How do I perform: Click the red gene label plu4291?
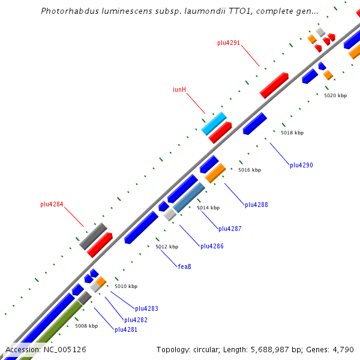tap(229, 43)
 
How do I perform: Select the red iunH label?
tap(179, 90)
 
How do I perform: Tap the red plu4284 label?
tap(52, 204)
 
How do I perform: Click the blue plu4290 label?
tap(301, 165)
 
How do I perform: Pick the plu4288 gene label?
tap(256, 205)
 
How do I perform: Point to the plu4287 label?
tap(230, 229)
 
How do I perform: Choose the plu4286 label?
tap(212, 246)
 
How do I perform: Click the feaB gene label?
tap(184, 266)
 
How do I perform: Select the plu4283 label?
tap(146, 308)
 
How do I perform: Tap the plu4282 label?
tap(136, 320)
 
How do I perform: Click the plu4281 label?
tap(126, 329)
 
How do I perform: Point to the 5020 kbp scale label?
tap(335, 95)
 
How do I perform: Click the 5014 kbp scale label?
tap(208, 208)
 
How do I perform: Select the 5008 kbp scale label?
tap(86, 326)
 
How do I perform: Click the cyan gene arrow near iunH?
tap(214, 124)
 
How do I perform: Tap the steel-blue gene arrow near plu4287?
tap(189, 197)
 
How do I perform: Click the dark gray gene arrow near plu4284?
tap(93, 236)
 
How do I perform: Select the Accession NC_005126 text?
tap(46, 349)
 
